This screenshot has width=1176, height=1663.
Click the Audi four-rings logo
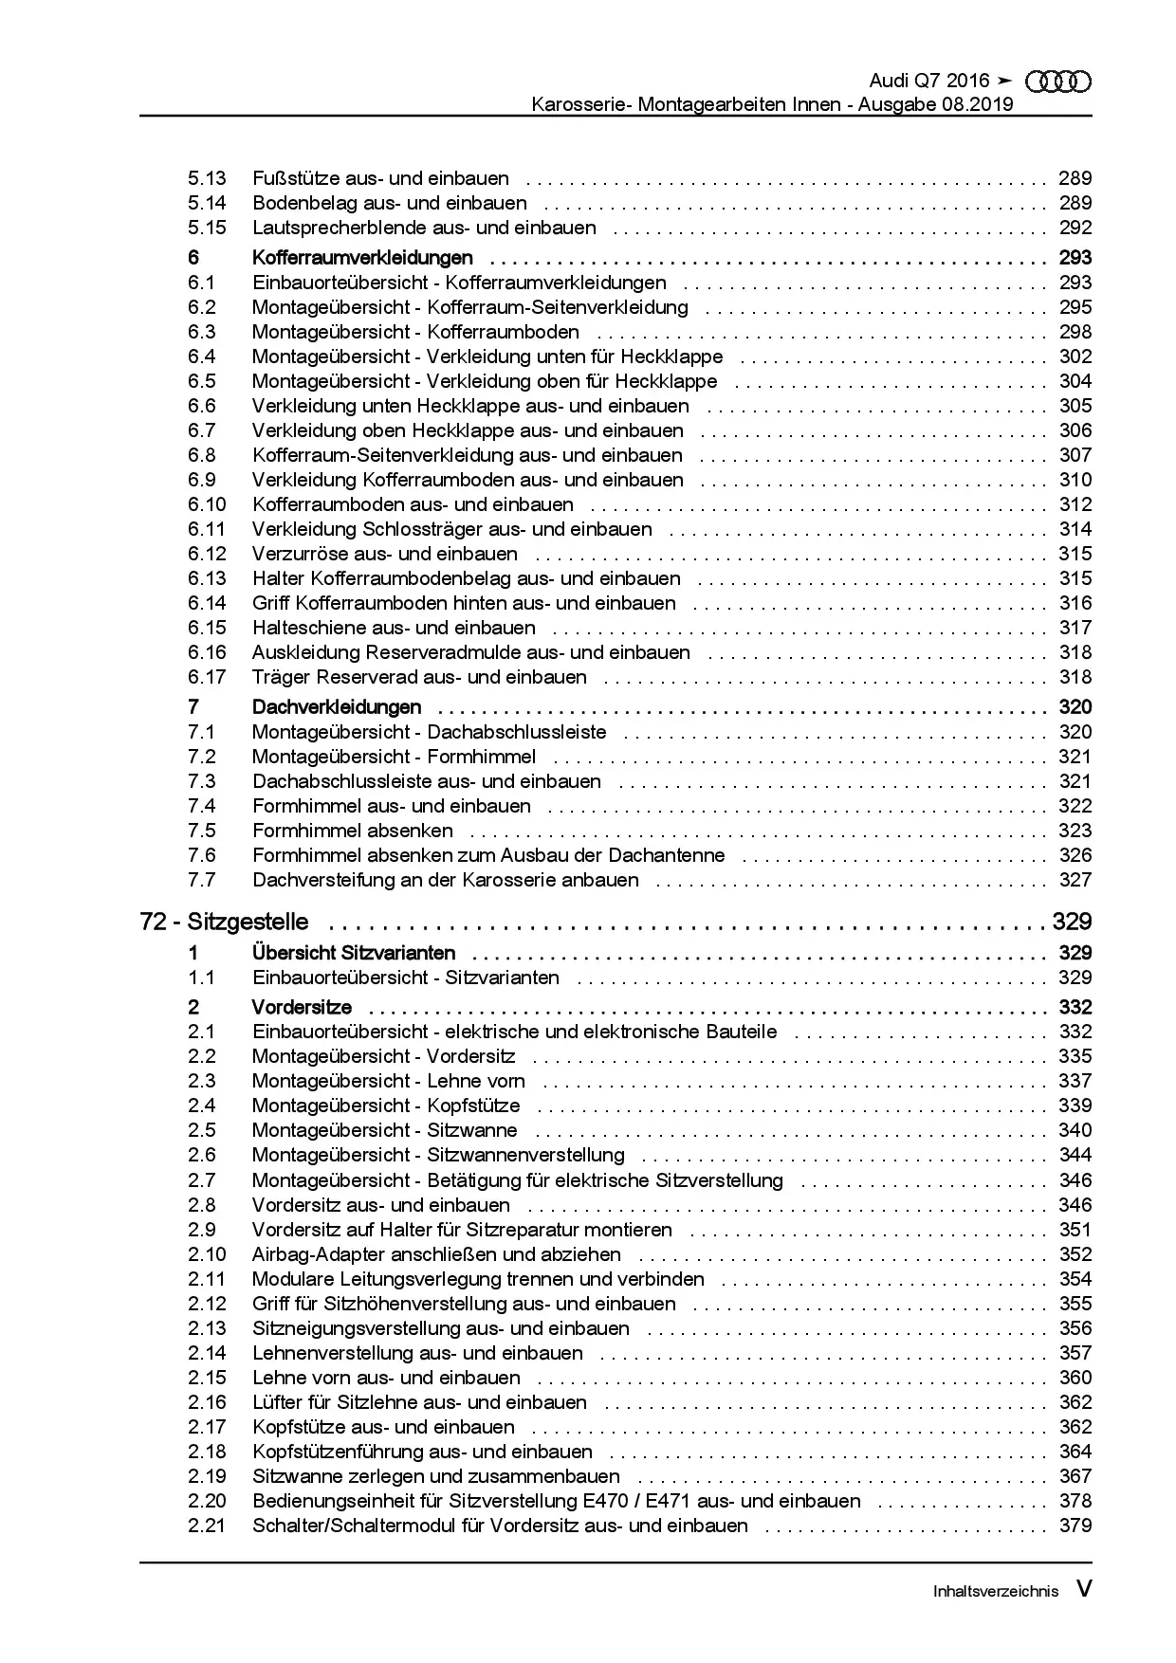click(1058, 82)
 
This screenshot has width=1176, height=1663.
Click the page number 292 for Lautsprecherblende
click(1075, 228)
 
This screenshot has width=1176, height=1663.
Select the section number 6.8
click(201, 455)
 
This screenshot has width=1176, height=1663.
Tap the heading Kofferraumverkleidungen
click(362, 258)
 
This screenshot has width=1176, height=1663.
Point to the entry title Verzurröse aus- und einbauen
click(384, 554)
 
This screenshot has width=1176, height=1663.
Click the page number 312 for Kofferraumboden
click(1075, 504)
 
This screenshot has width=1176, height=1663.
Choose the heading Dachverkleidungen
click(337, 707)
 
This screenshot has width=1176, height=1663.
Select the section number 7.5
click(201, 831)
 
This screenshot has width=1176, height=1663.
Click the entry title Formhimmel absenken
click(352, 831)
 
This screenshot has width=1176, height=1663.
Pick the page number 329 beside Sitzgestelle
click(1072, 922)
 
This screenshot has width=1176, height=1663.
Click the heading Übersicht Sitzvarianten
click(353, 953)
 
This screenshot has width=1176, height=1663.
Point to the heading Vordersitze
click(302, 1007)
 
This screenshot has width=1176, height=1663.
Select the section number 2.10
click(207, 1254)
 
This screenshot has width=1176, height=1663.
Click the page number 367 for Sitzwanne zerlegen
click(1075, 1476)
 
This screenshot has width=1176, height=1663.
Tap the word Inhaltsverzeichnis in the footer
click(995, 1590)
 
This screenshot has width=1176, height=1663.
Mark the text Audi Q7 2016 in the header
click(928, 82)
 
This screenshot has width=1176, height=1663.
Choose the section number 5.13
click(207, 178)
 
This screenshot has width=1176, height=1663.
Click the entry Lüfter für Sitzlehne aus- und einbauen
click(419, 1402)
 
